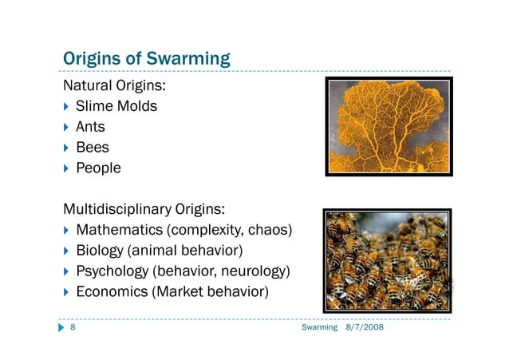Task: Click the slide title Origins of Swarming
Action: tap(147, 59)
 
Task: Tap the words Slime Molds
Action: tap(116, 106)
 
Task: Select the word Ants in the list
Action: tap(90, 127)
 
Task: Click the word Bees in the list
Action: tap(93, 148)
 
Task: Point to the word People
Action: tap(98, 168)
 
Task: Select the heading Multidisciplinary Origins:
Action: tap(144, 210)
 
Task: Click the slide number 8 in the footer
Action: tap(73, 329)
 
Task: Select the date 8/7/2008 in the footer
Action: tap(364, 329)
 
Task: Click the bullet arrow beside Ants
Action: tap(66, 127)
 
